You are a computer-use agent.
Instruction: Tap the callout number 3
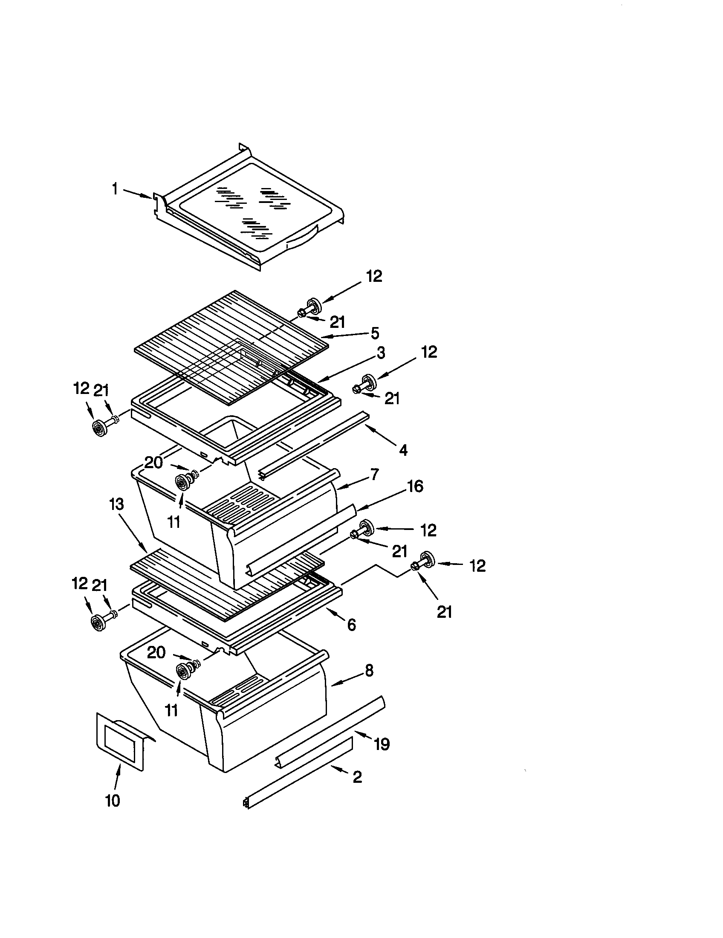point(381,353)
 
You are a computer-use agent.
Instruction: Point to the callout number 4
point(403,450)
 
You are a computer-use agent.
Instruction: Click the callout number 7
point(374,474)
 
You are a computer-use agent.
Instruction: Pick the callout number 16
point(415,486)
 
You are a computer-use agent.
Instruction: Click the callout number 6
point(351,625)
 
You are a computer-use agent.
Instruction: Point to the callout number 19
point(382,744)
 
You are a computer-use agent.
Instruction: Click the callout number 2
point(357,776)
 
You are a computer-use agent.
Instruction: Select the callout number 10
point(113,801)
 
